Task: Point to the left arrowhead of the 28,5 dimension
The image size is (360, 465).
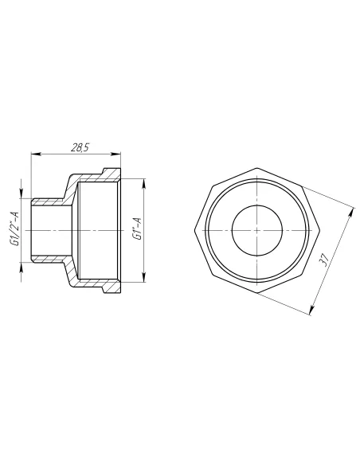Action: point(34,154)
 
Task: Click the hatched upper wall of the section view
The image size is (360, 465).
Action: point(96,177)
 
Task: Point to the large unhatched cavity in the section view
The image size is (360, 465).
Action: point(100,231)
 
